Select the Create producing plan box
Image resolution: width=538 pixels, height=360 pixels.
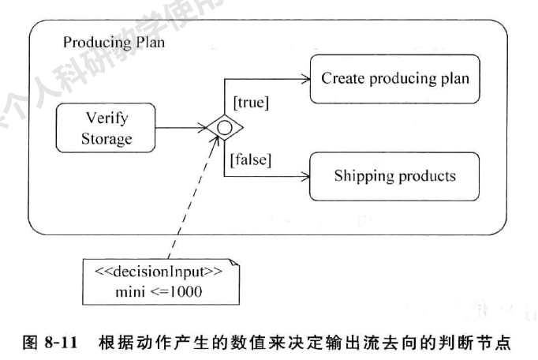pos(394,79)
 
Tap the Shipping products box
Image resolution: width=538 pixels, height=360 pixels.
pos(394,175)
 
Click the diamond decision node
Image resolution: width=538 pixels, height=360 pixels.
pos(224,127)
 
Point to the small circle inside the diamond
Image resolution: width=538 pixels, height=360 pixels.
pos(224,127)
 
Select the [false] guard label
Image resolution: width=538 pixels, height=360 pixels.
pos(251,160)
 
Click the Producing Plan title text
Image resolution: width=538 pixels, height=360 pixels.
pos(114,43)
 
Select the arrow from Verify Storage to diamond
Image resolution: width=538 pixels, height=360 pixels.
pos(181,127)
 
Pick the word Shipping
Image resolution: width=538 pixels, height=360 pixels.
pos(362,175)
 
